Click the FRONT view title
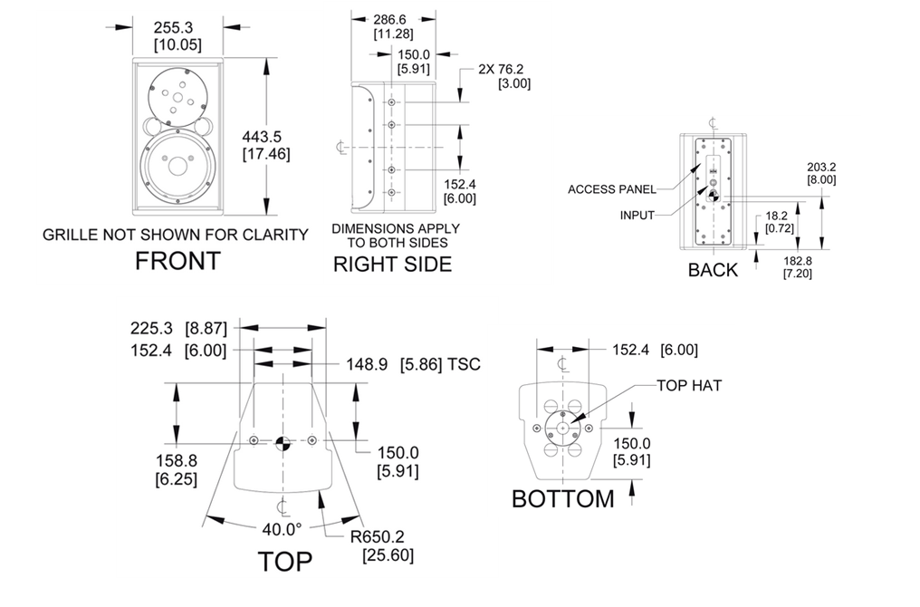click(177, 261)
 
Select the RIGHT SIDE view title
click(392, 265)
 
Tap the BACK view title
click(713, 270)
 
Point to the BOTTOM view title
click(563, 499)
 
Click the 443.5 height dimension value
click(262, 137)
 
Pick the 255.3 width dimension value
click(173, 27)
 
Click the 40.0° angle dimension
click(282, 529)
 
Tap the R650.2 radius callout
click(378, 536)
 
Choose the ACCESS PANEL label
click(612, 189)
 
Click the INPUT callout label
click(637, 216)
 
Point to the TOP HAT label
click(689, 386)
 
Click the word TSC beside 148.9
click(465, 364)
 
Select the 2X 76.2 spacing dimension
click(501, 69)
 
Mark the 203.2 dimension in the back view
click(821, 168)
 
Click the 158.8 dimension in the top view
click(176, 461)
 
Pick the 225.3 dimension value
click(151, 328)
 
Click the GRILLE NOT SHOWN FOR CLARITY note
click(176, 235)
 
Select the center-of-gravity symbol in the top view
click(283, 444)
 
